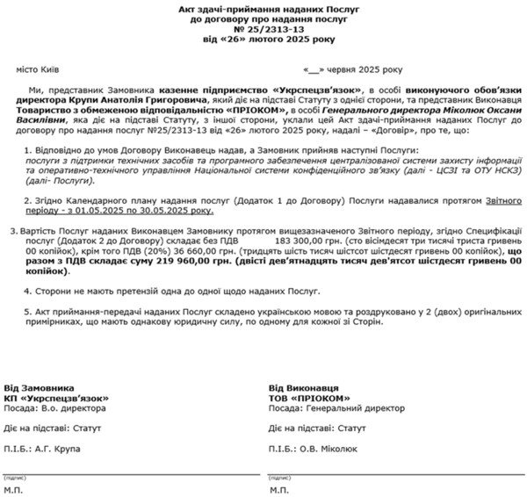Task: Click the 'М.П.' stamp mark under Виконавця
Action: [x=279, y=490]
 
